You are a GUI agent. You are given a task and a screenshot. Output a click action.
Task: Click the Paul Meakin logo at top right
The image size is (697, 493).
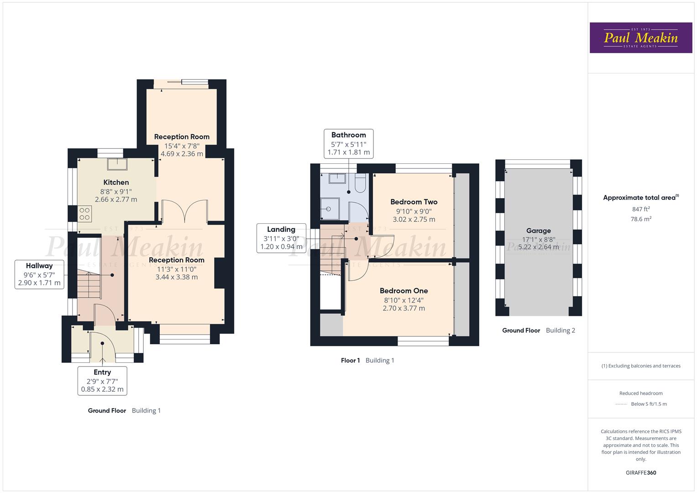pyautogui.click(x=640, y=37)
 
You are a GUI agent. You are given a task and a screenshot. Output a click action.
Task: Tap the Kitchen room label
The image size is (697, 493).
pyautogui.click(x=116, y=182)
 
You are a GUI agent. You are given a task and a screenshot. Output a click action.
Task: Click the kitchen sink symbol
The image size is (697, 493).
pyautogui.click(x=117, y=164)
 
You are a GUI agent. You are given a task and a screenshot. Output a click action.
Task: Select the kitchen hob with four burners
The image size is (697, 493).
pyautogui.click(x=85, y=214)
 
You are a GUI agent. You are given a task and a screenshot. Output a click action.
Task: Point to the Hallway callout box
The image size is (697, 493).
pyautogui.click(x=39, y=274)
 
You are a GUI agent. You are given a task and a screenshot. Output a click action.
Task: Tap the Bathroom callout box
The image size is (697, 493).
pyautogui.click(x=348, y=143)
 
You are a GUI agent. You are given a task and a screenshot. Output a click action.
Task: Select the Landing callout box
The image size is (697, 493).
pyautogui.click(x=281, y=238)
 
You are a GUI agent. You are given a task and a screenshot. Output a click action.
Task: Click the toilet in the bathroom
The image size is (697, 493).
pyautogui.click(x=360, y=184)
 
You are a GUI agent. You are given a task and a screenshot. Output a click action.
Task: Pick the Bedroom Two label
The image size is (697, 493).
pyautogui.click(x=414, y=202)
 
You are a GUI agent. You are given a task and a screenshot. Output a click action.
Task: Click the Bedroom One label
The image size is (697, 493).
pyautogui.click(x=404, y=291)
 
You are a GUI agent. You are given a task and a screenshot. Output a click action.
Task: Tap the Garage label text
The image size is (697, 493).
pyautogui.click(x=538, y=231)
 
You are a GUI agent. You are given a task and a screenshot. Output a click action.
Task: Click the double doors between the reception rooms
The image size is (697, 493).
pyautogui.click(x=184, y=212)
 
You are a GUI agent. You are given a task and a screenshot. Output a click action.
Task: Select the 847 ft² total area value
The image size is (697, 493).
pyautogui.click(x=641, y=209)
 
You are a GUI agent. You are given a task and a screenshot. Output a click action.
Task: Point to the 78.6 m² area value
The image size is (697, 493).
pyautogui.click(x=641, y=219)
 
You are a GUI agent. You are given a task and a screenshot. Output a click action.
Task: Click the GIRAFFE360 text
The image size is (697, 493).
pyautogui.click(x=640, y=472)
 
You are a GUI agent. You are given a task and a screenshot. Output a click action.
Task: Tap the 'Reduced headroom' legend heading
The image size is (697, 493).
pyautogui.click(x=641, y=393)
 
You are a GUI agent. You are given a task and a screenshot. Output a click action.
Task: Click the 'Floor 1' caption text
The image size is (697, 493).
pyautogui.click(x=350, y=360)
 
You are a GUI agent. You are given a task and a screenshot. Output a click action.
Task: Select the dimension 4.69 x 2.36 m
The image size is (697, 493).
pyautogui.click(x=182, y=154)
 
